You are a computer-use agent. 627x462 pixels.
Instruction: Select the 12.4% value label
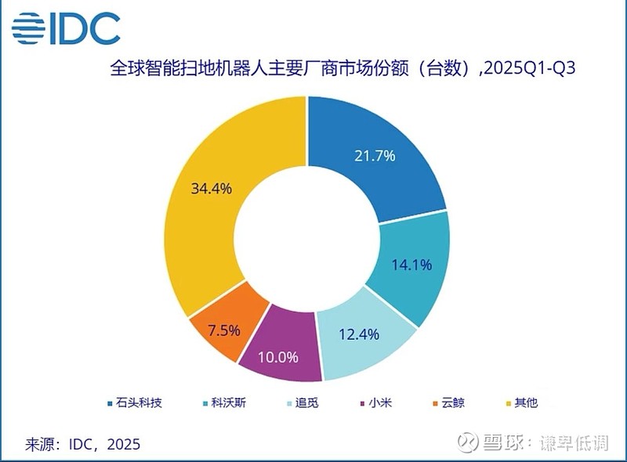coord(358,335)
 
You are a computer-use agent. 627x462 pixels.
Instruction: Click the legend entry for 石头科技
coord(134,403)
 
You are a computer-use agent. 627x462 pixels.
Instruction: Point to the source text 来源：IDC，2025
coord(82,444)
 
